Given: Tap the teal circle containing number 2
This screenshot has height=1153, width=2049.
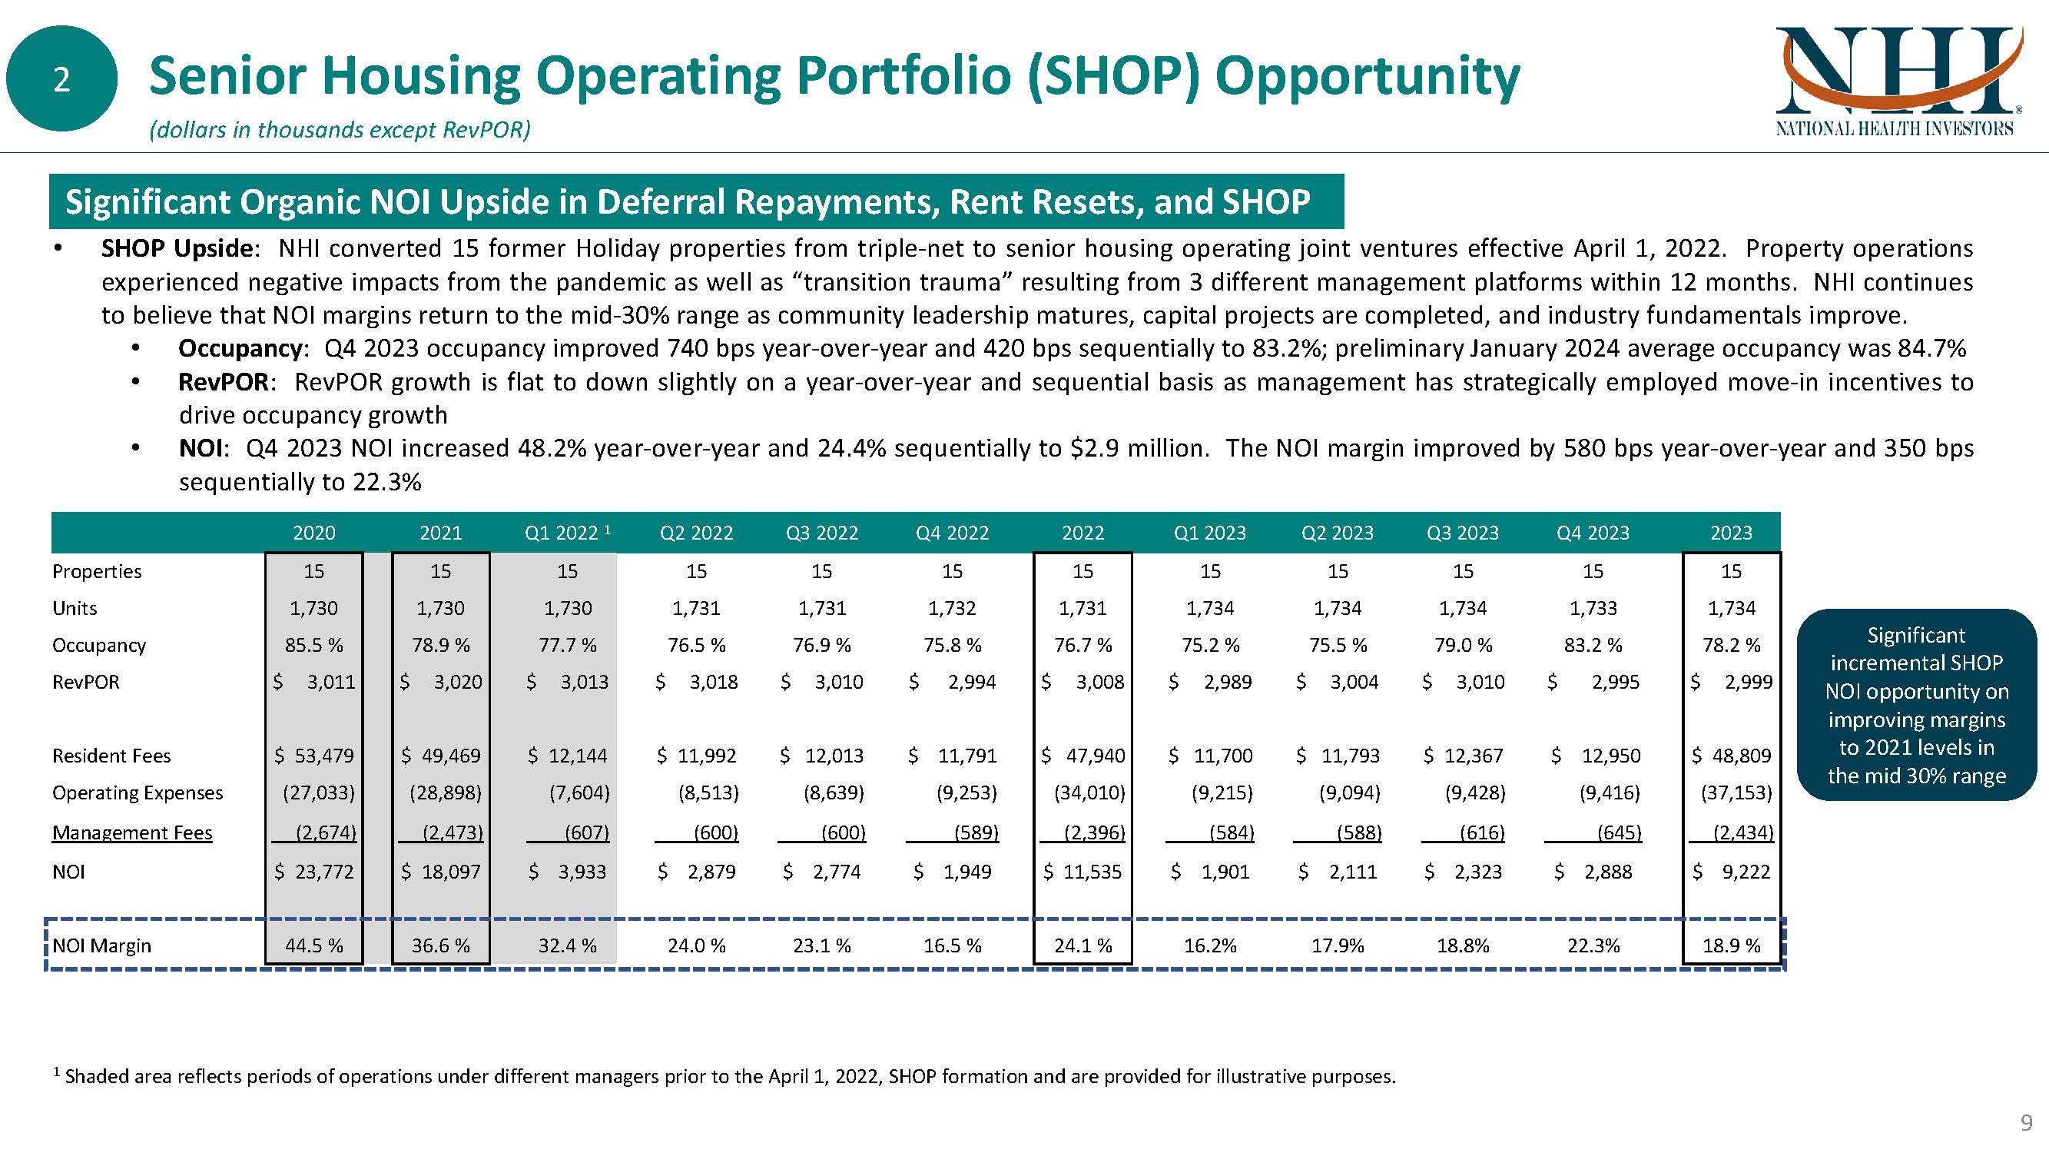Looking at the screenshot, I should point(61,78).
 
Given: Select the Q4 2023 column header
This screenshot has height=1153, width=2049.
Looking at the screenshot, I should point(1593,533).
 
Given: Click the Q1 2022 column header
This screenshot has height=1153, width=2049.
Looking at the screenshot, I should point(566,533).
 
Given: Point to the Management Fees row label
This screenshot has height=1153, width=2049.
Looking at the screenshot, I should point(132,832).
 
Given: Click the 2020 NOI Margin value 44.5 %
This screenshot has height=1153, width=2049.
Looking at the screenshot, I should point(313,945).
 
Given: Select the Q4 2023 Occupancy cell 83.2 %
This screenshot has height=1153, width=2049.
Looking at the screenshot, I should point(1593,645).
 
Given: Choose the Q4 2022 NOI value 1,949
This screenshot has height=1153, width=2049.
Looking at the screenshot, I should point(966,872).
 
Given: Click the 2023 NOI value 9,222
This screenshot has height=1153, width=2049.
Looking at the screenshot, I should point(1746,872).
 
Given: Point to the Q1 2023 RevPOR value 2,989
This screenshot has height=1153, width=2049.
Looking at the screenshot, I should point(1226,682).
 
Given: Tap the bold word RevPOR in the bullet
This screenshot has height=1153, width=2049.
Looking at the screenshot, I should point(224,382).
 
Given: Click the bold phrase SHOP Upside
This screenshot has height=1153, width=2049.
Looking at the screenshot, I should point(177,248).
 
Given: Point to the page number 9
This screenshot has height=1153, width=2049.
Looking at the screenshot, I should point(2027,1123).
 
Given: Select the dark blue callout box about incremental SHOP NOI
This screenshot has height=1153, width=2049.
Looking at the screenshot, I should point(1915,705).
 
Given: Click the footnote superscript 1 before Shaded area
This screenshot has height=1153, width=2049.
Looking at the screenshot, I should point(57,1072).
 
